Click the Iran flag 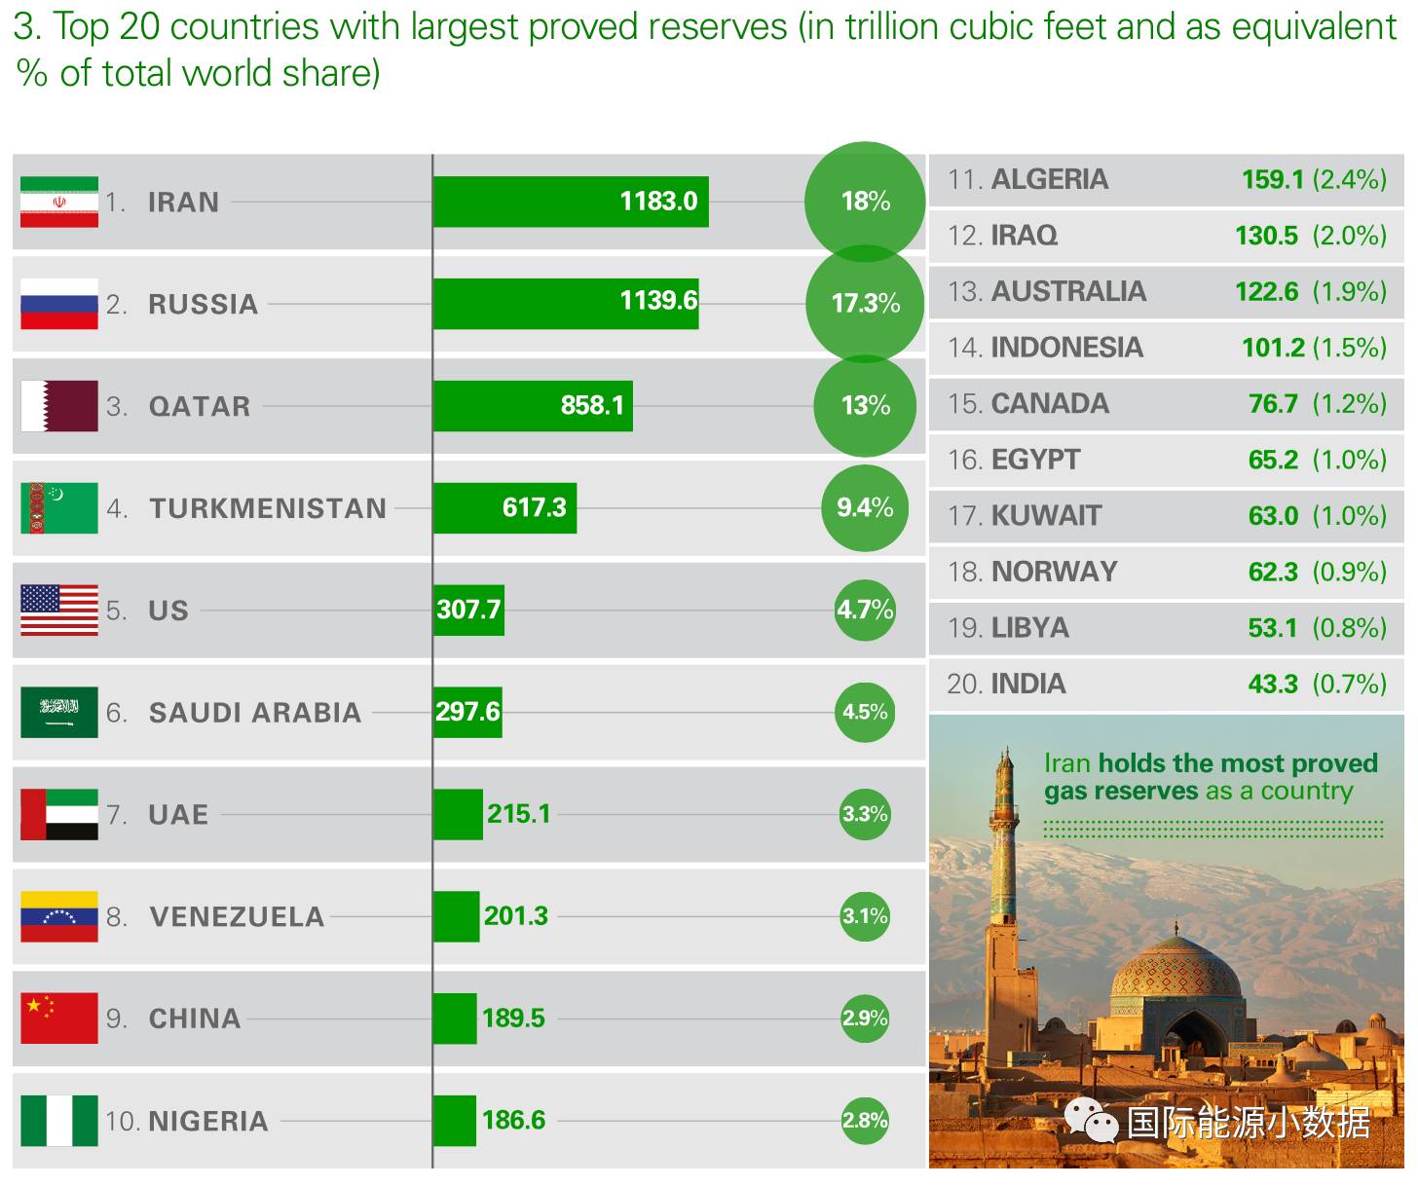[59, 202]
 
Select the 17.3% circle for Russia [865, 304]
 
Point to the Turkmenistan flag [59, 508]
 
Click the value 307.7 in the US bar [468, 610]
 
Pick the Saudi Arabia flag [59, 712]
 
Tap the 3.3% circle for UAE [865, 814]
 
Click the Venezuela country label [237, 916]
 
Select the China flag [59, 1019]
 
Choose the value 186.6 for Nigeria [514, 1120]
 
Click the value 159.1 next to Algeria [1272, 179]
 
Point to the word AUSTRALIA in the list [1068, 291]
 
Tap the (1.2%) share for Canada [1349, 403]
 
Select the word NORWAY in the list [1054, 572]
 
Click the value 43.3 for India [1273, 684]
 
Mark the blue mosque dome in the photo [1176, 974]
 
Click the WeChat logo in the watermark [1092, 1121]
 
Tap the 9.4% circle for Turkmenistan [865, 507]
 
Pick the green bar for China [455, 1019]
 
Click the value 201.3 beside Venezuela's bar [516, 915]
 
